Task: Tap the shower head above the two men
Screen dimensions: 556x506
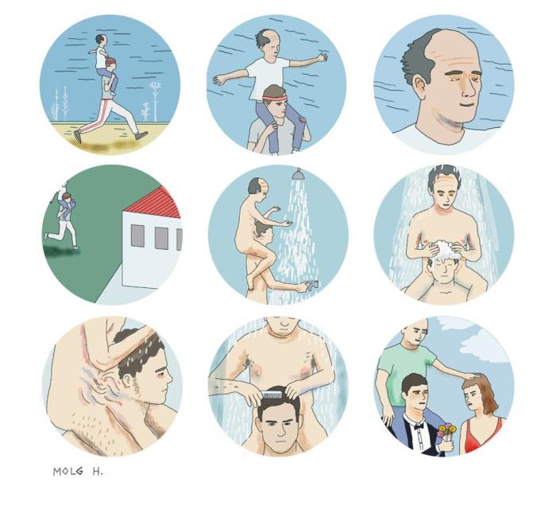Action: (x=298, y=174)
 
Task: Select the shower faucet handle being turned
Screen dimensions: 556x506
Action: (x=312, y=284)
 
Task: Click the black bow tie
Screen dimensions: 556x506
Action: (x=419, y=425)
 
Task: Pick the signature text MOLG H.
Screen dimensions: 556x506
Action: (x=78, y=472)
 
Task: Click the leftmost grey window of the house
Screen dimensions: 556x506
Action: (x=137, y=235)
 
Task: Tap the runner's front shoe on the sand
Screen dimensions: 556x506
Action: (x=142, y=135)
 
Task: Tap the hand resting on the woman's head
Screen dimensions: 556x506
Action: (x=471, y=376)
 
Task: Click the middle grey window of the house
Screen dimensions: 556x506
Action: (x=161, y=238)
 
